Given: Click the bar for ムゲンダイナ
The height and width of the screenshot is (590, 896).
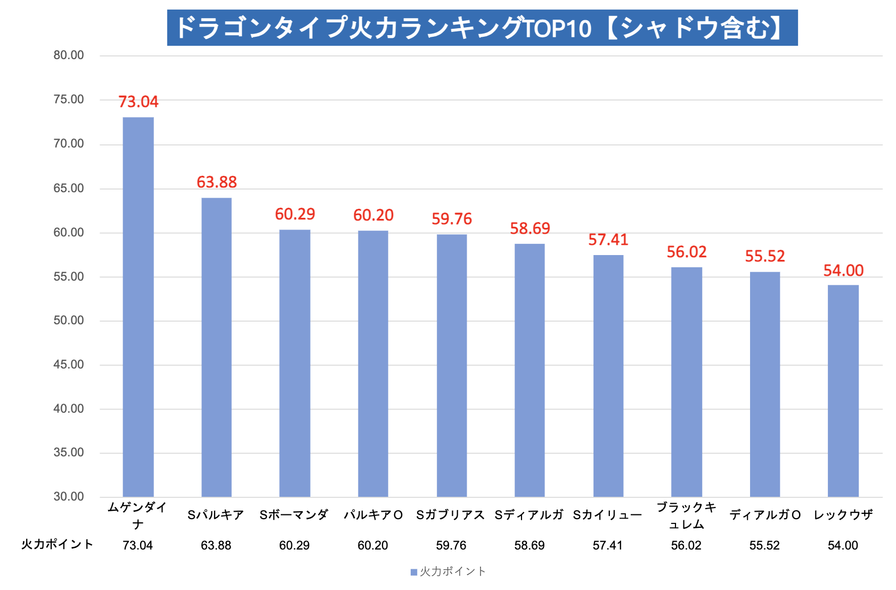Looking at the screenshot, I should click(x=138, y=307).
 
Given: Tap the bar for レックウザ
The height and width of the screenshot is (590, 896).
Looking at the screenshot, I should click(x=843, y=391).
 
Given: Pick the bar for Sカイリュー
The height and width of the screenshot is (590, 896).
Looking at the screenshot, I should click(x=608, y=376).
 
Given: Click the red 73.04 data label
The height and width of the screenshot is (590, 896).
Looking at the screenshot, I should click(x=138, y=102).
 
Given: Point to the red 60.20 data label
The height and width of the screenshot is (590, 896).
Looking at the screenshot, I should click(x=373, y=215).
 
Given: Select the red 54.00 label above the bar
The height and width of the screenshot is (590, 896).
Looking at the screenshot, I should click(x=843, y=271).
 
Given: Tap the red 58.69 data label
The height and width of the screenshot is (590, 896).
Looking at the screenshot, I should click(x=530, y=228).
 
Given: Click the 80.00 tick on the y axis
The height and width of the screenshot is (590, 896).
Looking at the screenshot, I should click(x=69, y=55).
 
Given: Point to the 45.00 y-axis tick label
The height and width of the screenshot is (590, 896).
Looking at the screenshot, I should click(x=69, y=365).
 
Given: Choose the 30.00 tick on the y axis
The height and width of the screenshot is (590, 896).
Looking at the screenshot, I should click(x=69, y=497).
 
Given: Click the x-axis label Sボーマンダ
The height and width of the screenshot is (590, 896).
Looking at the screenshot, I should click(x=294, y=515).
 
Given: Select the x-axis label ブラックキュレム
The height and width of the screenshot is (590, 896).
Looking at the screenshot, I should click(x=686, y=515).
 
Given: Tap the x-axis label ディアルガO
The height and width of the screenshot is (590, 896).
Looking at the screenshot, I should click(x=765, y=515).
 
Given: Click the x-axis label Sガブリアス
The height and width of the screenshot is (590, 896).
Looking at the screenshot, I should click(x=451, y=515).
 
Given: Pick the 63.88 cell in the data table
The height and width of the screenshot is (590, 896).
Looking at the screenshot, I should click(x=216, y=545).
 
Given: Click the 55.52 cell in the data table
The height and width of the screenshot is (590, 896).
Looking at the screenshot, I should click(x=764, y=545).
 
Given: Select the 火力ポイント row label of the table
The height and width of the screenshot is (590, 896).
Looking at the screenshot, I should click(x=57, y=544).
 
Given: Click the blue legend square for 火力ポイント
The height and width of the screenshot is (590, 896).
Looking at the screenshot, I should click(x=413, y=572).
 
